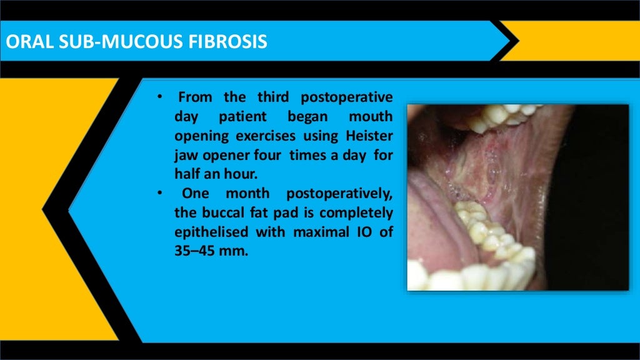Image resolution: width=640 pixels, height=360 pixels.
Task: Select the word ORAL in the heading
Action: tap(25, 42)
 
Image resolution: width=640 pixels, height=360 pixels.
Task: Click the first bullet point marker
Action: tap(159, 98)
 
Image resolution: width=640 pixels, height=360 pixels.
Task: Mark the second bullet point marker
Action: tap(159, 194)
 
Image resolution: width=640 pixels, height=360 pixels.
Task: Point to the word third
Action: tap(273, 98)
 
